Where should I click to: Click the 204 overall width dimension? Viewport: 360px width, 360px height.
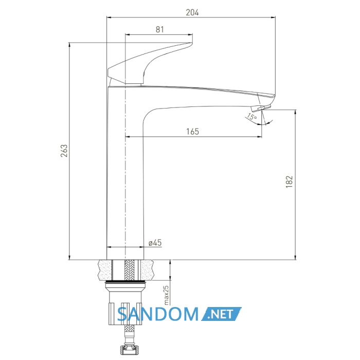(192, 13)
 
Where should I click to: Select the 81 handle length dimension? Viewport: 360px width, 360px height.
(160, 30)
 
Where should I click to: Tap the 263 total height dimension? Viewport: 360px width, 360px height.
(64, 151)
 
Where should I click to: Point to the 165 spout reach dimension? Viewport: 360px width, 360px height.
(192, 132)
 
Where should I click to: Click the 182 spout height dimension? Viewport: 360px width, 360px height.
(289, 182)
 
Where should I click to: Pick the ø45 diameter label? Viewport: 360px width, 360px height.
(155, 243)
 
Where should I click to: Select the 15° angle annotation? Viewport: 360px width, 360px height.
(252, 117)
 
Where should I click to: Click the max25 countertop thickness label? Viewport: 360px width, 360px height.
(166, 295)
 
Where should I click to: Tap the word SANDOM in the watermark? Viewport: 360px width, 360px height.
(157, 314)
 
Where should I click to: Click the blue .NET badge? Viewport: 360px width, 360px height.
(222, 314)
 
